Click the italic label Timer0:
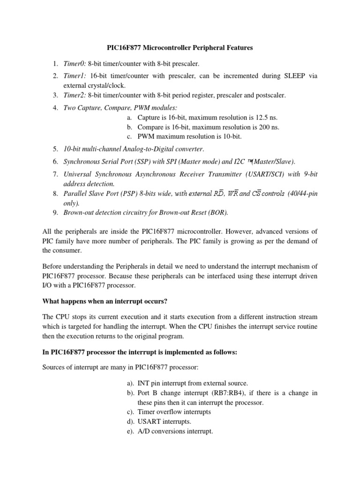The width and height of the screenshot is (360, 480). tap(75, 63)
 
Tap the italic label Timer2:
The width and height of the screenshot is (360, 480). tap(75, 95)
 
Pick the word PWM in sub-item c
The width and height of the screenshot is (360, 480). tap(145, 136)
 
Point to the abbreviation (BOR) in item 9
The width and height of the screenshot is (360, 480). tap(217, 213)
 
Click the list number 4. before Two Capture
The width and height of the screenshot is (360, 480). tap(55, 108)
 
